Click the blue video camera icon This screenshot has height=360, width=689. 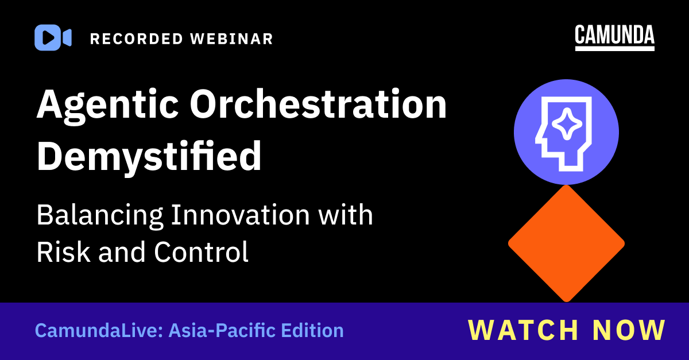[52, 38]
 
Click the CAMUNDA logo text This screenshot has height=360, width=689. [614, 35]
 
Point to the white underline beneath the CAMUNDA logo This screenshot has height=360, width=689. [614, 49]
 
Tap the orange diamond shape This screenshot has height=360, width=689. [566, 243]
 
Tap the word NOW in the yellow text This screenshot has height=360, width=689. [628, 330]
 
